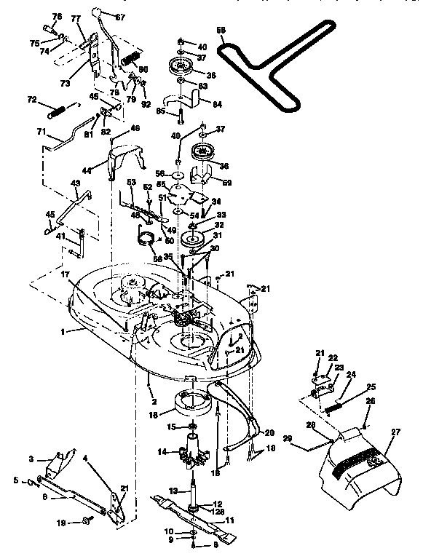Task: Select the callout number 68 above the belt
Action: coord(221,31)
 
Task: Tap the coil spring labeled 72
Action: coord(58,112)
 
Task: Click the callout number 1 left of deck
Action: coord(63,330)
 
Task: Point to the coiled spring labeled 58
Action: coord(149,237)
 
